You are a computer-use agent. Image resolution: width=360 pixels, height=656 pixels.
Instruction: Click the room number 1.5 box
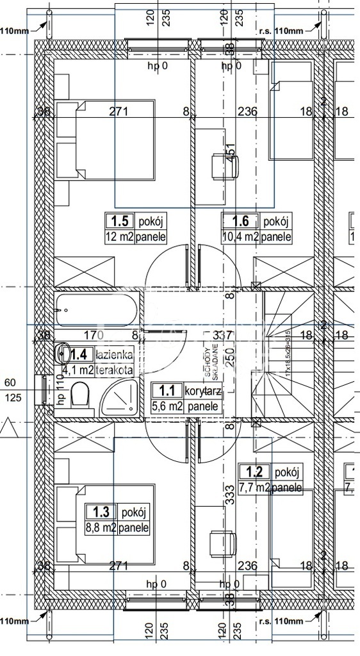[x=119, y=222]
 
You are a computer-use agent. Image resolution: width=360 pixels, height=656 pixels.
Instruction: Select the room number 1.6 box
[x=240, y=222]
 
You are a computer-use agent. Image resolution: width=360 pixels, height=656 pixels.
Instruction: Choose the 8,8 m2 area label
[x=100, y=528]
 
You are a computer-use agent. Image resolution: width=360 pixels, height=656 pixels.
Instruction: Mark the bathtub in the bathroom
[x=97, y=310]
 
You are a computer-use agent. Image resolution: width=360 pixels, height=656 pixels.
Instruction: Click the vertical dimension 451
[x=230, y=154]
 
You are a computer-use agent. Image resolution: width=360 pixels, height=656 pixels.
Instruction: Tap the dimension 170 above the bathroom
[x=94, y=335]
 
